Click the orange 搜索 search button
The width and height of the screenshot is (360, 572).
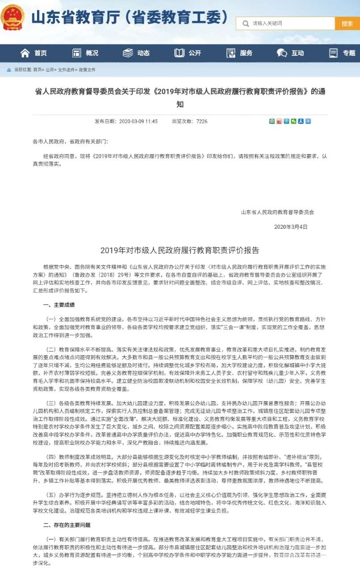tap(347, 23)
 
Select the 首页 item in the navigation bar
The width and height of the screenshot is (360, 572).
tap(34, 53)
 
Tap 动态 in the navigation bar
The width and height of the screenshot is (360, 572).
tap(137, 53)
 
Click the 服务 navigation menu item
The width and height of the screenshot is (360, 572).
tap(239, 53)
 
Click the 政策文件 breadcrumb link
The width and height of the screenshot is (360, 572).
tap(87, 70)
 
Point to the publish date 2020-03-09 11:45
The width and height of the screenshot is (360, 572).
tap(139, 121)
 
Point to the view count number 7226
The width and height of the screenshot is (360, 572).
tap(202, 121)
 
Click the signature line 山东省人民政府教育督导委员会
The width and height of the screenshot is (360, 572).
tap(277, 212)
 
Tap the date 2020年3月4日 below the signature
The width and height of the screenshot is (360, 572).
tap(291, 227)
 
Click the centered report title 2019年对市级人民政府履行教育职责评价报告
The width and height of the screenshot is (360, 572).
tap(180, 250)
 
